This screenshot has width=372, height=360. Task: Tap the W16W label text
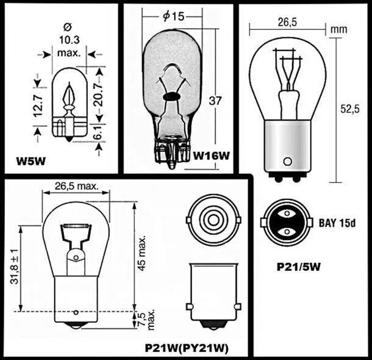(x=211, y=156)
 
